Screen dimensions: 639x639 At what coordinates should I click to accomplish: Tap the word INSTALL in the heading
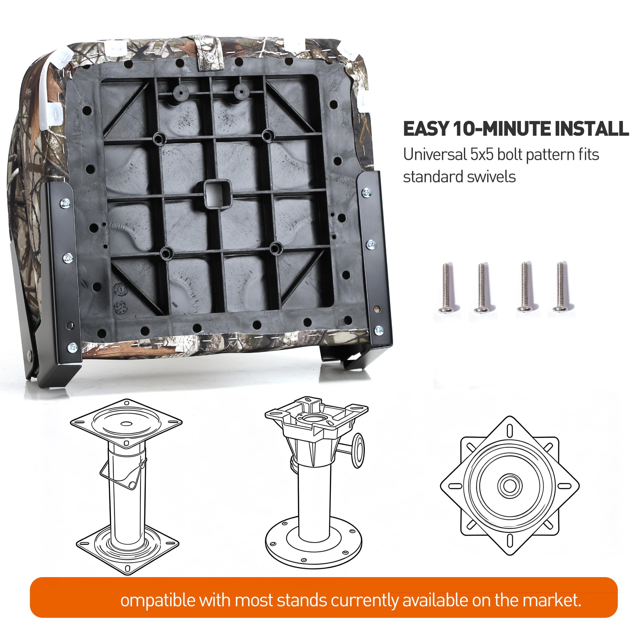592,129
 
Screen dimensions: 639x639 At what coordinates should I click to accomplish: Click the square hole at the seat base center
217,195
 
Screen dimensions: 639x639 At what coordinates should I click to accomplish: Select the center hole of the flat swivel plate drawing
509,486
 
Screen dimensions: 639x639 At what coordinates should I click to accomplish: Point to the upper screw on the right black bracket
367,192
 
